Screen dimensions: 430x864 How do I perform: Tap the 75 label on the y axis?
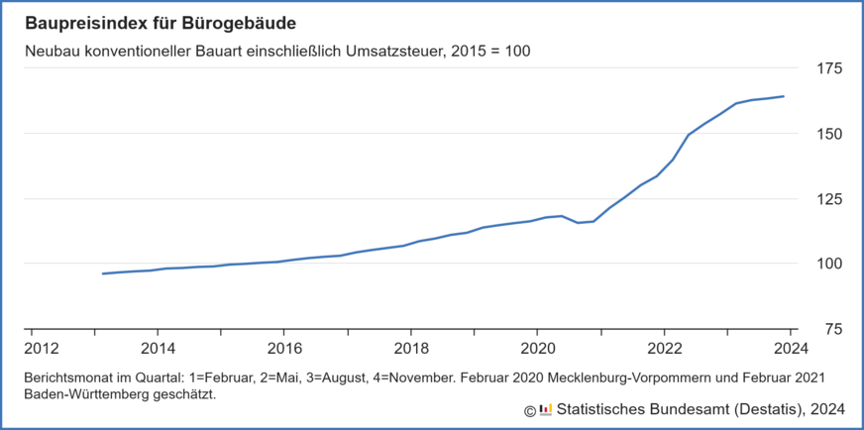point(833,329)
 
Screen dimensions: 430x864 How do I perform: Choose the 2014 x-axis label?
point(158,349)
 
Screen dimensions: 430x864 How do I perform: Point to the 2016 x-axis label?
point(284,349)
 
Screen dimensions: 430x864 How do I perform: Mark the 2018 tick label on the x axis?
point(410,349)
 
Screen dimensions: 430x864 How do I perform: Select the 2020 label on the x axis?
point(537,349)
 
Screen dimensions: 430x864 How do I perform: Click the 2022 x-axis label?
point(663,349)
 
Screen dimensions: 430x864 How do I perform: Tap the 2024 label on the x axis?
point(790,349)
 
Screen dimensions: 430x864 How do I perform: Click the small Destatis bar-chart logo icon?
point(546,410)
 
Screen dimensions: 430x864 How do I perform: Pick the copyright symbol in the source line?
point(530,410)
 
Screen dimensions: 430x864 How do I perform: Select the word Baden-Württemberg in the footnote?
point(85,394)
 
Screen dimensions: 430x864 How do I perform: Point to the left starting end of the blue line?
point(103,273)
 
